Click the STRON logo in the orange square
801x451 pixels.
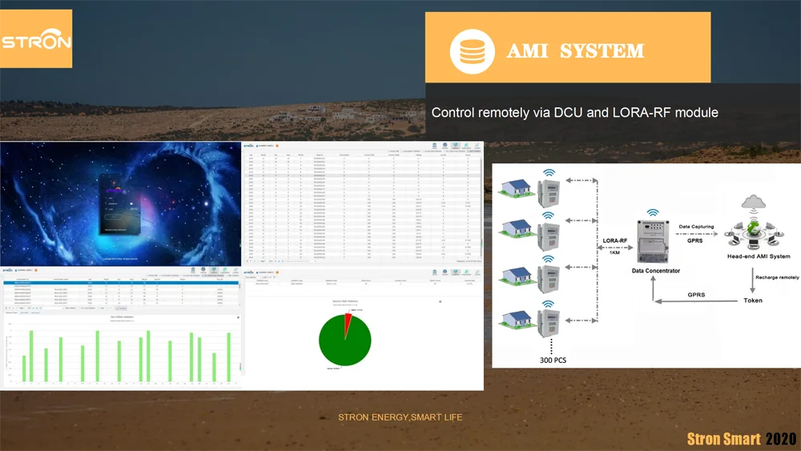[36, 41]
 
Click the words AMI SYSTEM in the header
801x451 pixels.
[575, 51]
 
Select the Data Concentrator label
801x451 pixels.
[655, 272]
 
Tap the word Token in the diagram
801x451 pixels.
[753, 300]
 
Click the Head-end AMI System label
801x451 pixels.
[758, 256]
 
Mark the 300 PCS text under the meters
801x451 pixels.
[553, 360]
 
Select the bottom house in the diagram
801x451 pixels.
[517, 319]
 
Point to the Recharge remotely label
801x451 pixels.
[776, 277]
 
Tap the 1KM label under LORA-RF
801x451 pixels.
[614, 252]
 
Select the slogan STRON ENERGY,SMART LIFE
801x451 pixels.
[400, 417]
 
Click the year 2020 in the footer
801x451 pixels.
[780, 439]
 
